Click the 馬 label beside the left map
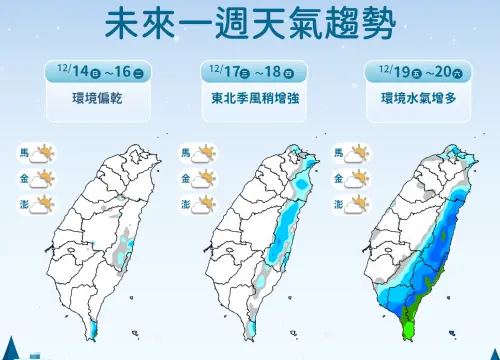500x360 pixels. [x=23, y=153]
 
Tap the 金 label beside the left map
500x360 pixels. [x=23, y=179]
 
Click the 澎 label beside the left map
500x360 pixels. [x=23, y=205]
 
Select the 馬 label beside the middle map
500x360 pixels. [x=185, y=153]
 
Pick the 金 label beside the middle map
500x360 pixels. [x=185, y=179]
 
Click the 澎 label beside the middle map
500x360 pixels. [x=185, y=205]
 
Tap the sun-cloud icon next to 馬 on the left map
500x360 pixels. [x=41, y=155]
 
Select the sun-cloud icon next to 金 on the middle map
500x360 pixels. [x=204, y=180]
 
